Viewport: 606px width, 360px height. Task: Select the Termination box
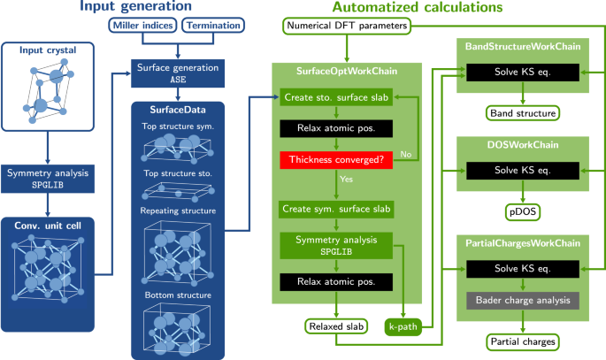pos(215,26)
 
